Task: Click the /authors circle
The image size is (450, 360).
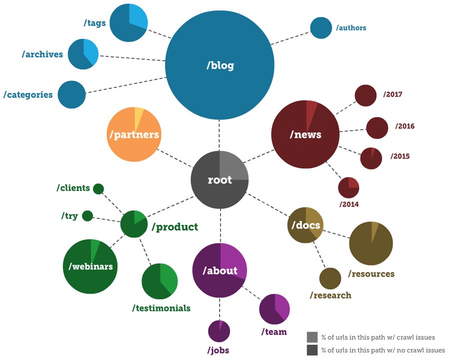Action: [x=321, y=28]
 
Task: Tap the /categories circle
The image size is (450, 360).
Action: [x=71, y=94]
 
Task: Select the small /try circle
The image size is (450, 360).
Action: [x=87, y=216]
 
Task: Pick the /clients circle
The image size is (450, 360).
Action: [x=98, y=188]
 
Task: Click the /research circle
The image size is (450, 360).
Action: [x=330, y=278]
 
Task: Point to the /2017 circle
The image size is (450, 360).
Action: [x=365, y=95]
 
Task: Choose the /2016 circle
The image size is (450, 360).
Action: [x=377, y=127]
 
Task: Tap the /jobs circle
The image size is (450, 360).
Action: [x=219, y=331]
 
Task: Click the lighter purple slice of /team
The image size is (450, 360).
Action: [x=282, y=305]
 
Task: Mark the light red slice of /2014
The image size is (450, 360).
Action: [x=353, y=182]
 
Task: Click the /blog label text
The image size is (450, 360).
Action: [x=220, y=65]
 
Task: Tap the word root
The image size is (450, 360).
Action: [x=220, y=180]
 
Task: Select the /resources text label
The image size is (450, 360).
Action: [x=371, y=273]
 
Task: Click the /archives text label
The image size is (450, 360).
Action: [x=42, y=54]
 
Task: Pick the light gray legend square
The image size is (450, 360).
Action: [x=312, y=337]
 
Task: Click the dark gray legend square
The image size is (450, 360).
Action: [x=312, y=350]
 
